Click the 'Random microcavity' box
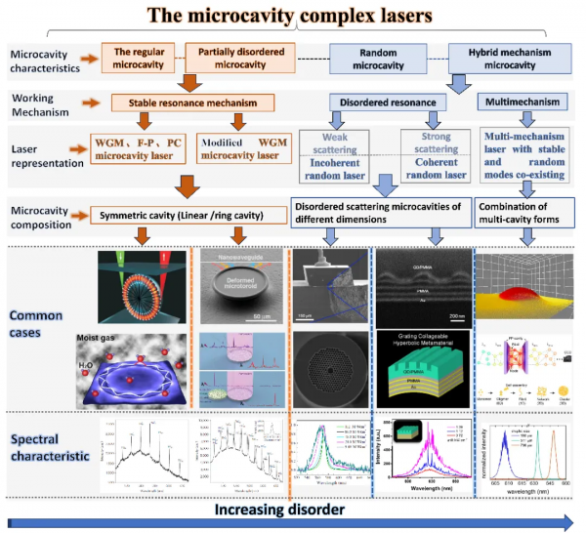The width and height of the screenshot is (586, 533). tap(380, 59)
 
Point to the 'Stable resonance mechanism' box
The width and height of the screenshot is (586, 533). tap(190, 102)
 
